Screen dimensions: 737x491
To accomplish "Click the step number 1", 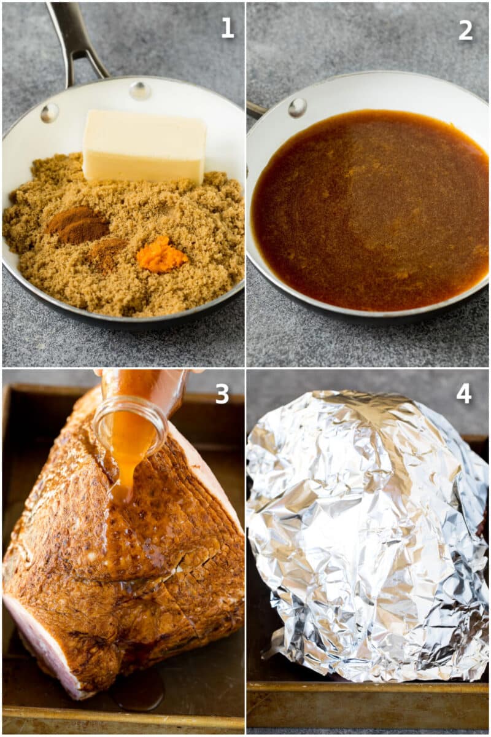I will [228, 28].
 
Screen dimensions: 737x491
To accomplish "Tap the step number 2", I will [466, 29].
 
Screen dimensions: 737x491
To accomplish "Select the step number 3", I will [222, 394].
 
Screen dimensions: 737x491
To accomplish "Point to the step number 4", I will [464, 394].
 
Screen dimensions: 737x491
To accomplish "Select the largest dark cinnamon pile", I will [79, 224].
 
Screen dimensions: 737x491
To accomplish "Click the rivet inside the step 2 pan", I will [297, 107].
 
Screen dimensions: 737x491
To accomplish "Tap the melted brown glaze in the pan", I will [368, 209].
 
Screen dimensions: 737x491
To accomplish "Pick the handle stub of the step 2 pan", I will [257, 110].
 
